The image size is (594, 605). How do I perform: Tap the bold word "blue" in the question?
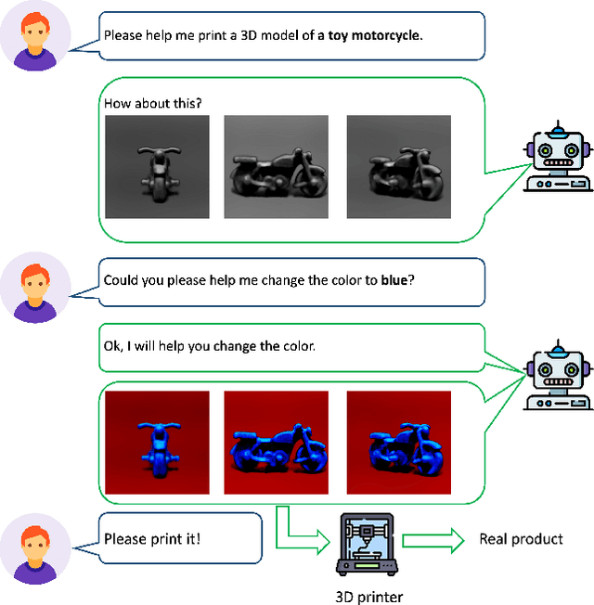pyautogui.click(x=396, y=279)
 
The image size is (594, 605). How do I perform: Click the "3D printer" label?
pyautogui.click(x=368, y=597)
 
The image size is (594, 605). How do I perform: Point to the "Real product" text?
pyautogui.click(x=521, y=539)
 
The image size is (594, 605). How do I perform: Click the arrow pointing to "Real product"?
pyautogui.click(x=433, y=540)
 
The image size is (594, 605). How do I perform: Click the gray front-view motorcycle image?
pyautogui.click(x=157, y=167)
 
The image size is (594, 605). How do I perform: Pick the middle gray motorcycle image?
pyautogui.click(x=277, y=167)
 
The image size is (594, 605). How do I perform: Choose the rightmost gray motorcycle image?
pyautogui.click(x=398, y=167)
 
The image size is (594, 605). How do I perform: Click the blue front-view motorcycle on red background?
pyautogui.click(x=157, y=442)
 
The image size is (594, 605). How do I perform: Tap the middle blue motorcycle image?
pyautogui.click(x=277, y=442)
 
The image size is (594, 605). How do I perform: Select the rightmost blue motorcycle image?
pyautogui.click(x=398, y=442)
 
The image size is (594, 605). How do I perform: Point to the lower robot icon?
pyautogui.click(x=555, y=376)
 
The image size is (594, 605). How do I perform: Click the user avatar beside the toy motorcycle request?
pyautogui.click(x=35, y=42)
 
